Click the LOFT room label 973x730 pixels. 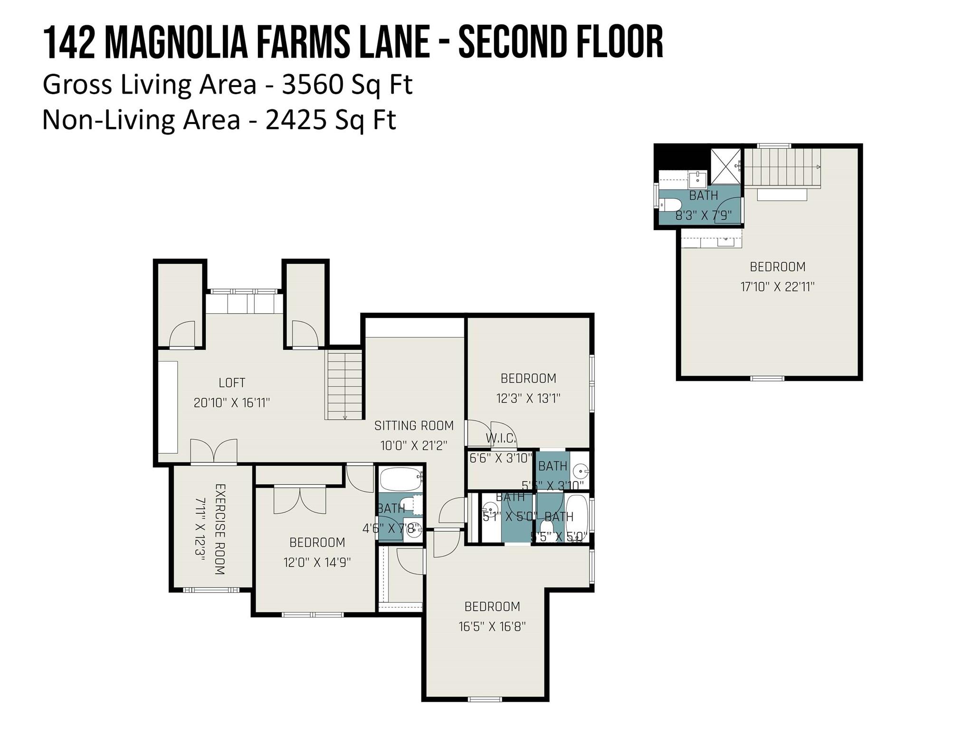(232, 383)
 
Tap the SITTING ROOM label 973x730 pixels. (414, 425)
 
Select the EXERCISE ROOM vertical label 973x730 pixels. (219, 529)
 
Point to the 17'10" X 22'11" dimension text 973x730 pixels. (777, 287)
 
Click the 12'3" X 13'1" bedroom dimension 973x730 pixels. (528, 398)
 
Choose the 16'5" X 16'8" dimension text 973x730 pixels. (492, 626)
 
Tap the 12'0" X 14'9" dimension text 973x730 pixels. (317, 562)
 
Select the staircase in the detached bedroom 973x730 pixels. (782, 167)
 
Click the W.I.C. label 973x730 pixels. (500, 438)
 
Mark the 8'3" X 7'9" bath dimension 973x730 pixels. (703, 215)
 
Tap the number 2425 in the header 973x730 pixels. (296, 120)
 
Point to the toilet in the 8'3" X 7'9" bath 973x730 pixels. (671, 205)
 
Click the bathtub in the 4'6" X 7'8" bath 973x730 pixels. (401, 480)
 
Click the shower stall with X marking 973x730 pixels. (725, 166)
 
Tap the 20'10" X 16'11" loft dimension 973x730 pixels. (231, 403)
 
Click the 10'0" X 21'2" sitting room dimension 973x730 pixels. (414, 446)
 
